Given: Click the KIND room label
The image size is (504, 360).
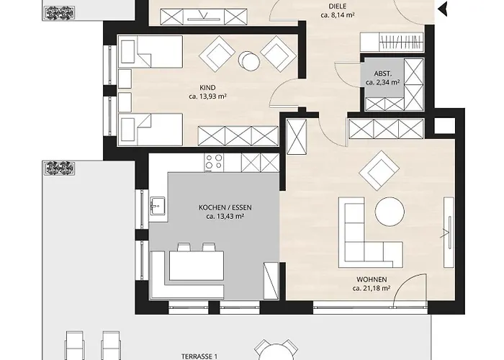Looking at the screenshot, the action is coord(207,87).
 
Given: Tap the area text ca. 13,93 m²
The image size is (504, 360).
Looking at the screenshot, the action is coord(207,96).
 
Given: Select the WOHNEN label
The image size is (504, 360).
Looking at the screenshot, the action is coord(372,279).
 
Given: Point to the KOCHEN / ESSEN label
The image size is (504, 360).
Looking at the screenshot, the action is coord(225,207).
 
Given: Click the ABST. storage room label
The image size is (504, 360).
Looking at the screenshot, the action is coord(383,74).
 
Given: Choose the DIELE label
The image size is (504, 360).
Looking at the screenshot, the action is coord(338,6).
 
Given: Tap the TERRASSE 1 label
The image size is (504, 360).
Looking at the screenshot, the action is coord(199,356).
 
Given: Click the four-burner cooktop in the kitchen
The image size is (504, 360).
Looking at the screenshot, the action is coord(214,162).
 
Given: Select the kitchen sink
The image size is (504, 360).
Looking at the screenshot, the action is coord(157,206).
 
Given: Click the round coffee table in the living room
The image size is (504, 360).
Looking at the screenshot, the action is coord(390,212).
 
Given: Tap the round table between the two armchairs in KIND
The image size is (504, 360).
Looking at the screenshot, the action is coord(249,60).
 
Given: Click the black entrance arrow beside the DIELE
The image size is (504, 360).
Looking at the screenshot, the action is coord(443,9).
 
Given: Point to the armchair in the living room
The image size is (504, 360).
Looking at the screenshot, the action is coord(379,171).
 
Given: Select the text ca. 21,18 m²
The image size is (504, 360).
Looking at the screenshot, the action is coord(372,288).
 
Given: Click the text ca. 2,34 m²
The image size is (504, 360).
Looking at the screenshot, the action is coord(382,82).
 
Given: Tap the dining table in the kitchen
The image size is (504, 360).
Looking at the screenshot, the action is coord(197,266).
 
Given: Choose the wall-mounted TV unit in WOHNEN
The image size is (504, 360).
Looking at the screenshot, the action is coord(449,232).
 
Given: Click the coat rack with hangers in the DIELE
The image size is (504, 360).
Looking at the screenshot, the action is coord(400,42).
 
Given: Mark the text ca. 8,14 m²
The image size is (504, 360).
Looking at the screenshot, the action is coord(338,15).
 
